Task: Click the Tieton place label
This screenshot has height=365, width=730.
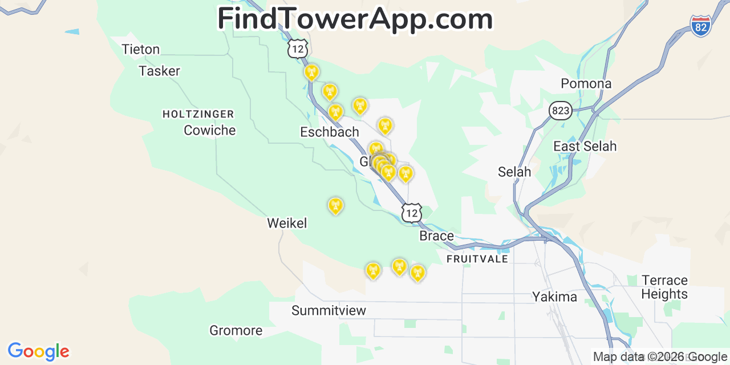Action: click(x=141, y=50)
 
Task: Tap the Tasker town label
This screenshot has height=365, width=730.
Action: click(x=160, y=71)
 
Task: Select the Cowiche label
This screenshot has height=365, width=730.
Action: click(x=209, y=131)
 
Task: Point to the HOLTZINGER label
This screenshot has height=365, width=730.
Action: click(x=198, y=114)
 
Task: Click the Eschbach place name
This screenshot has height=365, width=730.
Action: click(x=330, y=132)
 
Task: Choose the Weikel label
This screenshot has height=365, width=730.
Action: click(x=287, y=224)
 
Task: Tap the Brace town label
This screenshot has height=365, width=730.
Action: click(x=436, y=236)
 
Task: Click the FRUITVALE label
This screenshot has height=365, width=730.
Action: click(x=477, y=259)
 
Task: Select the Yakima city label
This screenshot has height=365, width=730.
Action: click(x=554, y=297)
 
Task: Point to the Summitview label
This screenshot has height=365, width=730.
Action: click(x=328, y=311)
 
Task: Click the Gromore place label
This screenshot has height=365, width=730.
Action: click(x=236, y=331)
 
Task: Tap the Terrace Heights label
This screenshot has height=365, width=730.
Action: click(x=664, y=287)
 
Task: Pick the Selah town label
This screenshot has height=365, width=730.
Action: click(x=514, y=172)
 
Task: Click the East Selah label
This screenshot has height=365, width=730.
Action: click(x=585, y=147)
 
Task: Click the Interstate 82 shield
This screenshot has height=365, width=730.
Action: click(x=700, y=26)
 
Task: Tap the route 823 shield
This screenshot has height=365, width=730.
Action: click(x=561, y=111)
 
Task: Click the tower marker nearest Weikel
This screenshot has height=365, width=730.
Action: click(x=335, y=205)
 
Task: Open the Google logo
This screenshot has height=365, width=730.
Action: click(x=38, y=351)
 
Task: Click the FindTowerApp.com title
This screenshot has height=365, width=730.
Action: click(x=355, y=19)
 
